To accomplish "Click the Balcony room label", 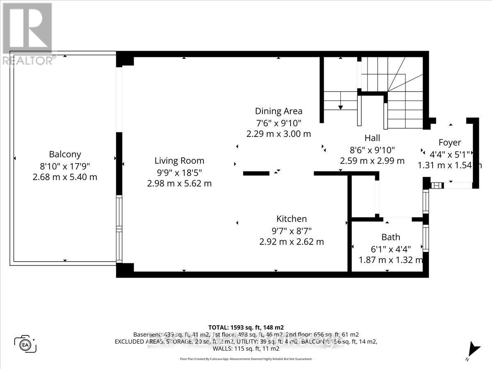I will pyautogui.click(x=65, y=155).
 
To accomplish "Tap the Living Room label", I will pyautogui.click(x=179, y=161).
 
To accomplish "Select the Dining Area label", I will pyautogui.click(x=278, y=111).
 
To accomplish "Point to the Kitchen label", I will pyautogui.click(x=292, y=219).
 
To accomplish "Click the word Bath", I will pyautogui.click(x=391, y=237).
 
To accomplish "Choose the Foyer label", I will pyautogui.click(x=450, y=143).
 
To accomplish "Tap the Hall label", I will pyautogui.click(x=372, y=138).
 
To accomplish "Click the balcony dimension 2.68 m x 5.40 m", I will pyautogui.click(x=65, y=177).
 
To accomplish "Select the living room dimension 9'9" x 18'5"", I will pyautogui.click(x=179, y=172).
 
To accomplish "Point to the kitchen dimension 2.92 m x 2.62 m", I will pyautogui.click(x=292, y=242).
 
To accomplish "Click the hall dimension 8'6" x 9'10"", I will pyautogui.click(x=372, y=150).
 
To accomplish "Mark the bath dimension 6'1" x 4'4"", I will pyautogui.click(x=391, y=248).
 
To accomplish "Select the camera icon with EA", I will pyautogui.click(x=25, y=344).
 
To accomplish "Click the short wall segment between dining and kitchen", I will pyautogui.click(x=256, y=173).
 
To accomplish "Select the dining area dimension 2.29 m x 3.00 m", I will pyautogui.click(x=278, y=134).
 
